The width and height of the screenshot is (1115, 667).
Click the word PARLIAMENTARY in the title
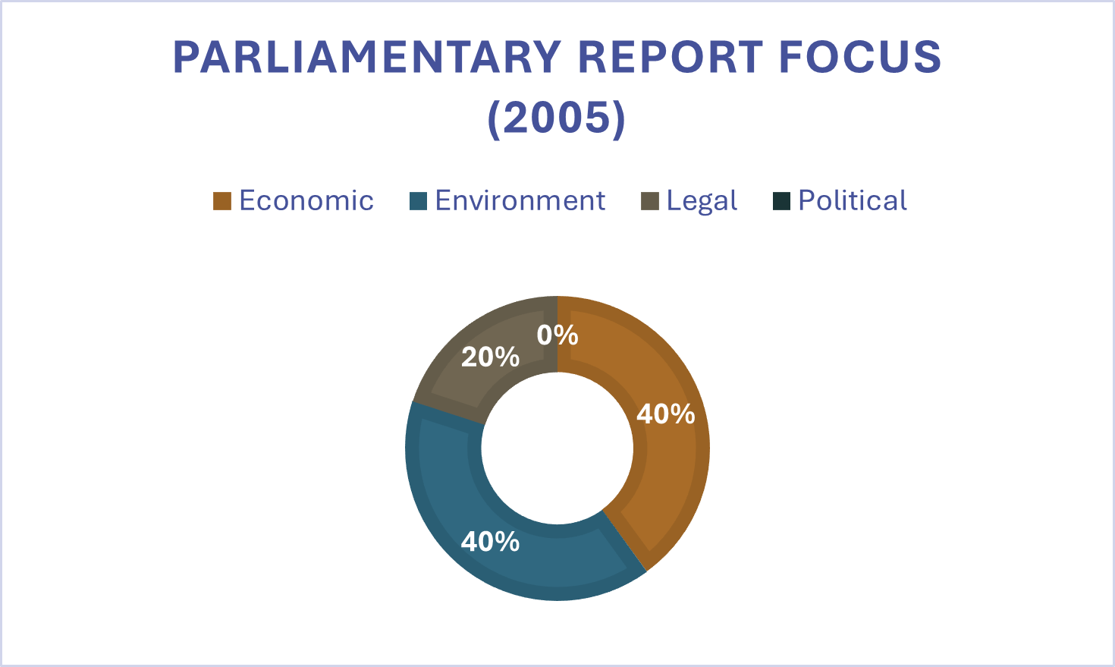point(367,57)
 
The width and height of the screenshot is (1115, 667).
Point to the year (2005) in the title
point(557,118)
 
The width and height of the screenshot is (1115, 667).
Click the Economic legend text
point(306,200)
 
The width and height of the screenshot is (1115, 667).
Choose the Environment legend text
point(520,200)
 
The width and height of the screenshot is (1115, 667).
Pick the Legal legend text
point(702,201)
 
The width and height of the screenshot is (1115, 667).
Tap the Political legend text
point(853,200)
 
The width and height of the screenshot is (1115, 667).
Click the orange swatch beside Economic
point(221,201)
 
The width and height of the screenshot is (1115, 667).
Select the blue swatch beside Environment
point(418,201)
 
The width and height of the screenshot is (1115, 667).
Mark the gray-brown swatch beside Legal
point(649,201)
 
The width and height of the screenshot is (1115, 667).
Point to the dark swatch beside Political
point(781,201)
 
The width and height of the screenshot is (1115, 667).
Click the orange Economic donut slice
point(667,470)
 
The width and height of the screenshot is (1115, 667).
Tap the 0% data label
point(557,335)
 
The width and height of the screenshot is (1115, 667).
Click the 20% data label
point(490,357)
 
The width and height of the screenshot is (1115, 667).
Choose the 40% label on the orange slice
point(665,414)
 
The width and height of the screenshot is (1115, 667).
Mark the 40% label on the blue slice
point(490,542)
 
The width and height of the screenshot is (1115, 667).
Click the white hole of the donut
point(557,448)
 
